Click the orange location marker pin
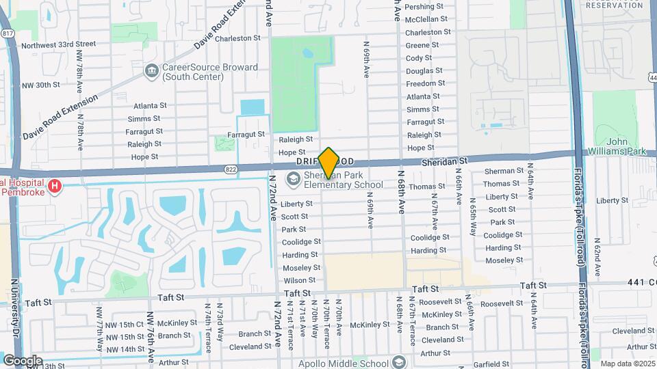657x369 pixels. (x=328, y=163)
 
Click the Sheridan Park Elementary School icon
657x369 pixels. (x=294, y=180)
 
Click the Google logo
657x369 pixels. (x=23, y=360)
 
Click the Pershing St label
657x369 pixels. (x=424, y=7)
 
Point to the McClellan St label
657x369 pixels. (x=426, y=19)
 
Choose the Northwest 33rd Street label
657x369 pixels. (x=55, y=46)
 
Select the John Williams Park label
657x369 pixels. (x=617, y=146)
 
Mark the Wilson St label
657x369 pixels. (x=299, y=280)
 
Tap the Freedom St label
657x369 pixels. (x=426, y=84)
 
